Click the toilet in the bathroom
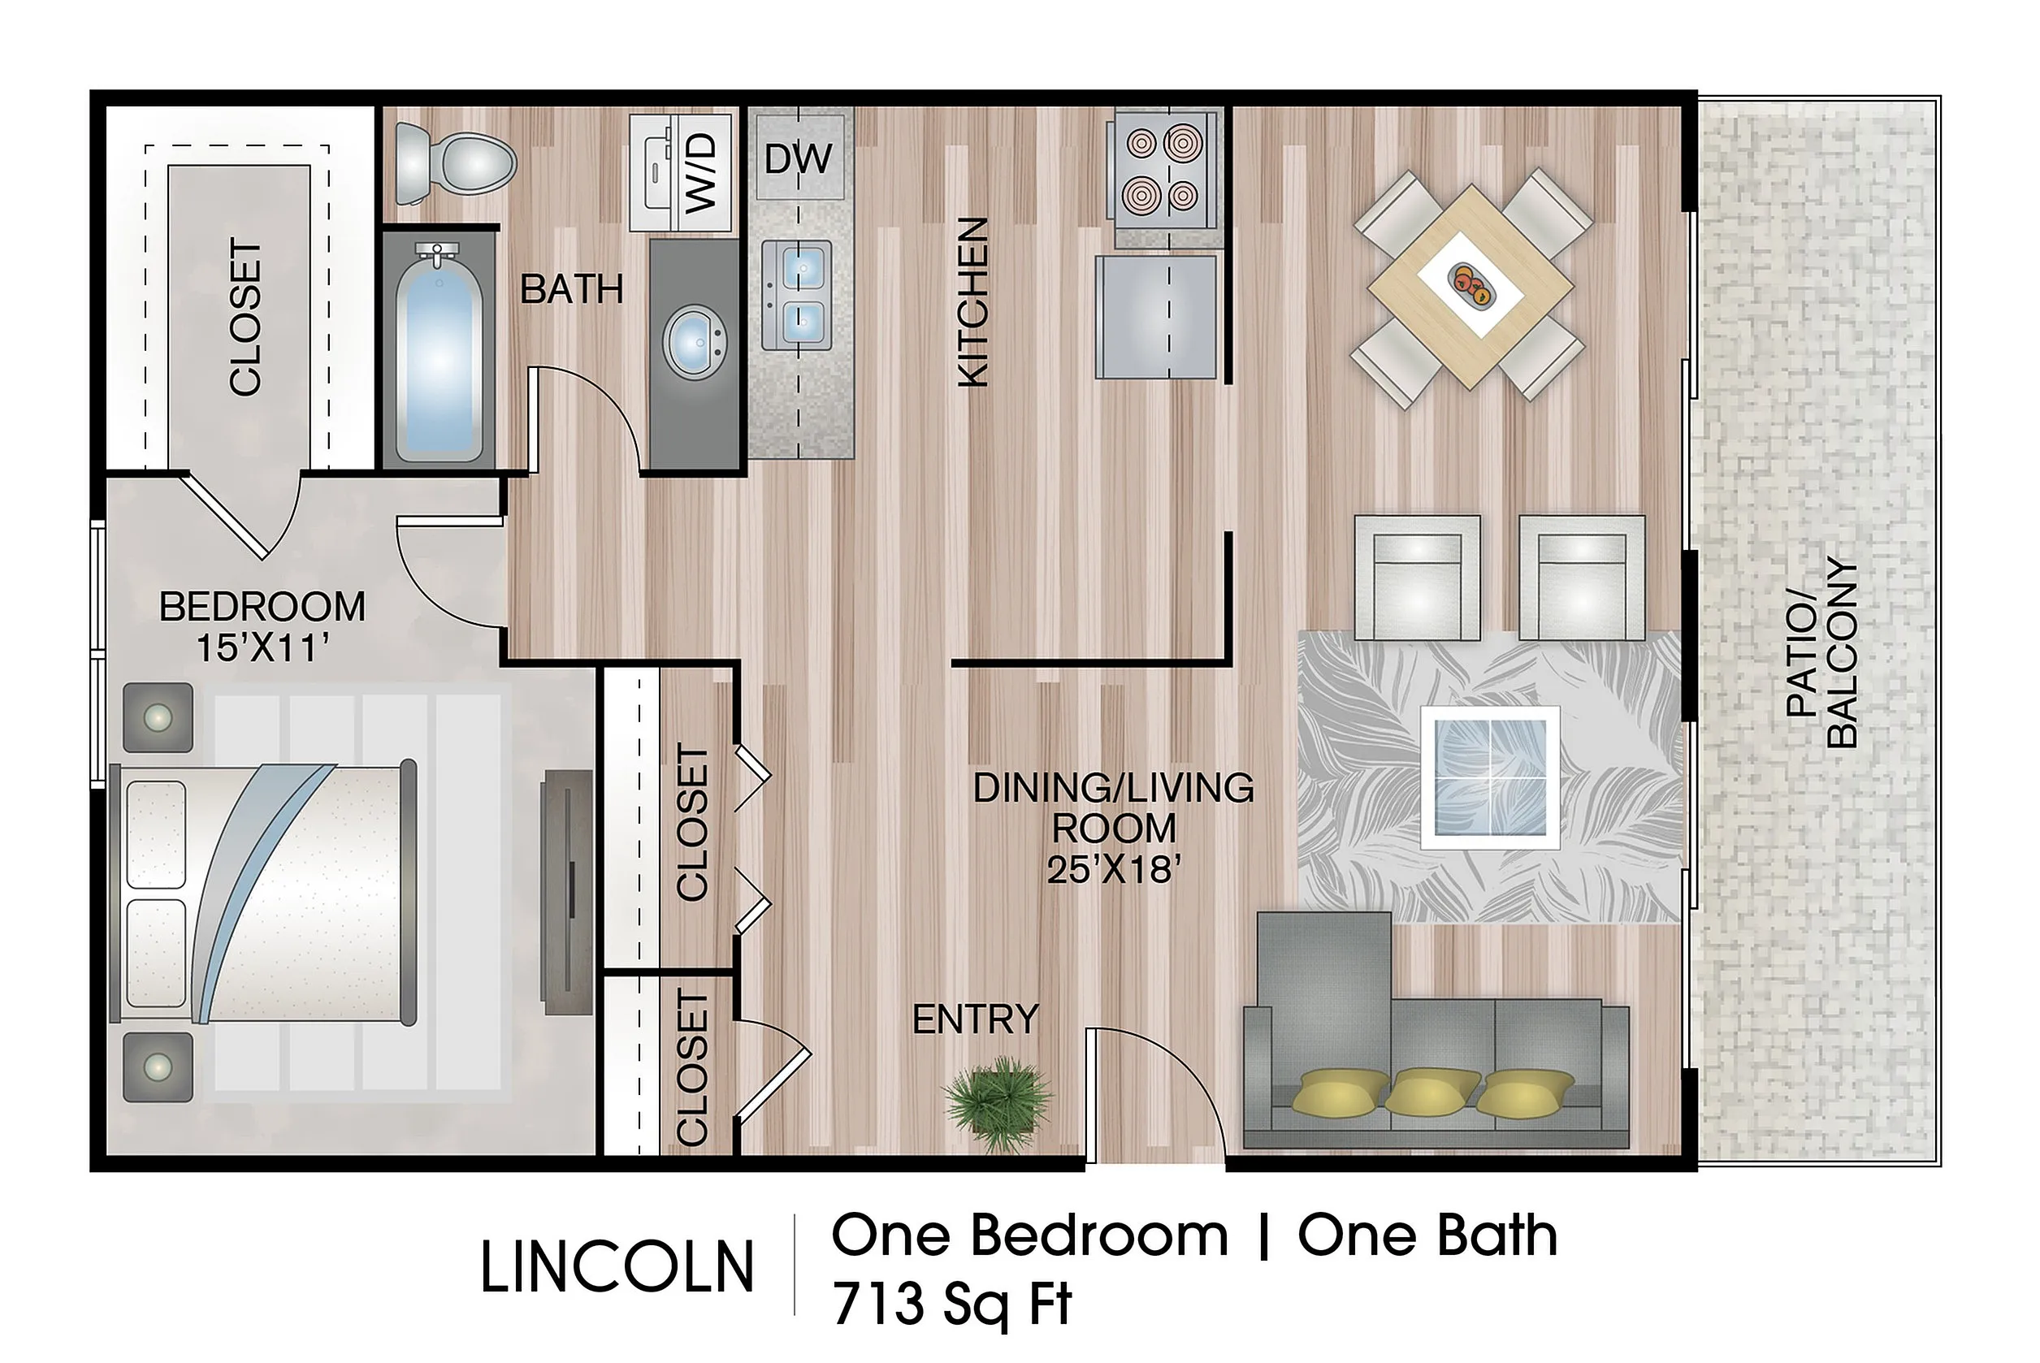453,163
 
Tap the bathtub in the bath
439,352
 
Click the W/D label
699,173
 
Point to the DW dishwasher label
798,159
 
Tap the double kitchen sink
797,294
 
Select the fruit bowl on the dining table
1470,285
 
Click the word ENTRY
975,1019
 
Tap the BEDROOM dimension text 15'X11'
262,648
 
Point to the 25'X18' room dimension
1114,869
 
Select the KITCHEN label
972,301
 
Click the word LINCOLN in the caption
618,1267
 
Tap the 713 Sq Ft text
953,1304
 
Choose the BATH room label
572,289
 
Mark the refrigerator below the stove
1156,317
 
